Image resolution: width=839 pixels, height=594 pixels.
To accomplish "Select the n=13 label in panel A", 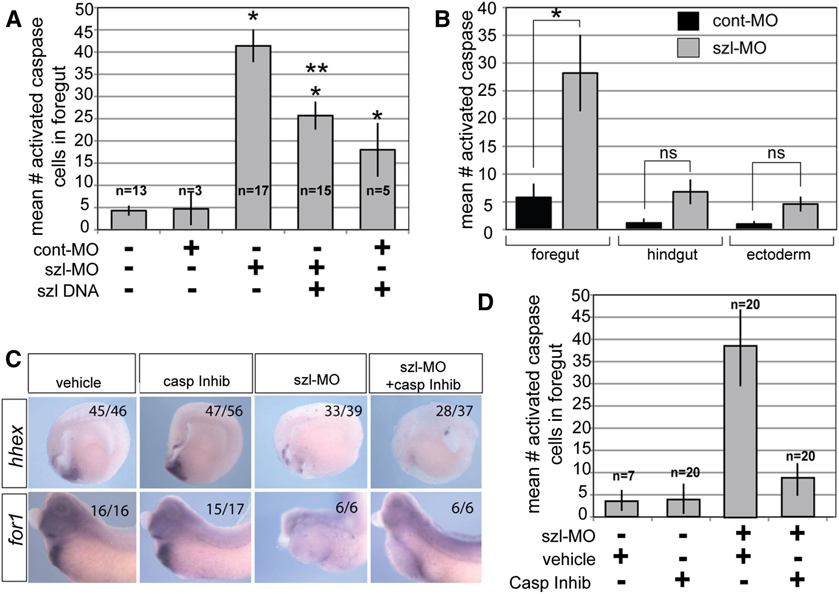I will pos(131,191).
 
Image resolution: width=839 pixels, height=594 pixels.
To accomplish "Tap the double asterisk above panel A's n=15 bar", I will pos(317,69).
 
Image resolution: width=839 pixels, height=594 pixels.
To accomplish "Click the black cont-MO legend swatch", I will pos(688,21).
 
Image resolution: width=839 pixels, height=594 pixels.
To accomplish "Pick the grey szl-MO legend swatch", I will pos(688,48).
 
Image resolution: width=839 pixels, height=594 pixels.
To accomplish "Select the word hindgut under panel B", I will pos(672,255).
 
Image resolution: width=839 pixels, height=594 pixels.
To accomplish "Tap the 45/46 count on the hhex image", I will pos(108,411).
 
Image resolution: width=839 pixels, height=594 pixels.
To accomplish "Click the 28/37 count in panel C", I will pos(454,411).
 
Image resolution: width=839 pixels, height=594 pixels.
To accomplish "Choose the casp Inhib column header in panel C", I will pos(196,381).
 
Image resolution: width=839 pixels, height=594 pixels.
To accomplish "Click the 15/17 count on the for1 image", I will pos(225,509).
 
